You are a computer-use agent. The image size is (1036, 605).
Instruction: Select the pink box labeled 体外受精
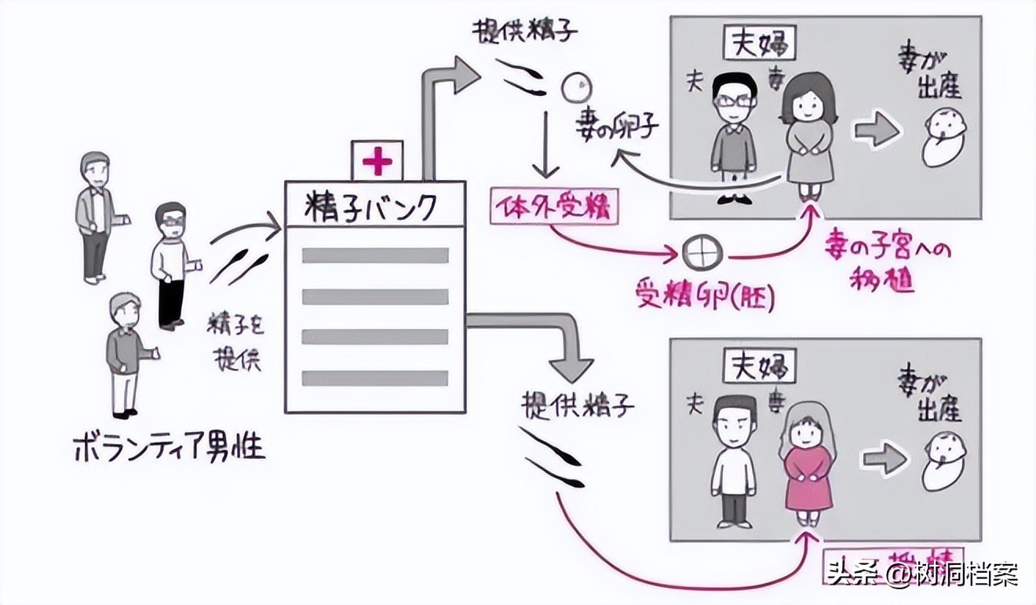click(x=553, y=207)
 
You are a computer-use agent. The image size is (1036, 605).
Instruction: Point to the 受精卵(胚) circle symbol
click(x=694, y=253)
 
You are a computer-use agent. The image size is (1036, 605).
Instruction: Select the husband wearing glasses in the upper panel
click(x=734, y=134)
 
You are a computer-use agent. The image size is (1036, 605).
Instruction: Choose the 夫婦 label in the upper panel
click(x=758, y=45)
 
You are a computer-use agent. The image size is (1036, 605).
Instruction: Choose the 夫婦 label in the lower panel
click(x=758, y=366)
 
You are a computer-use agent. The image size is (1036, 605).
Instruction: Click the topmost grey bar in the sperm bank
click(x=374, y=255)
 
